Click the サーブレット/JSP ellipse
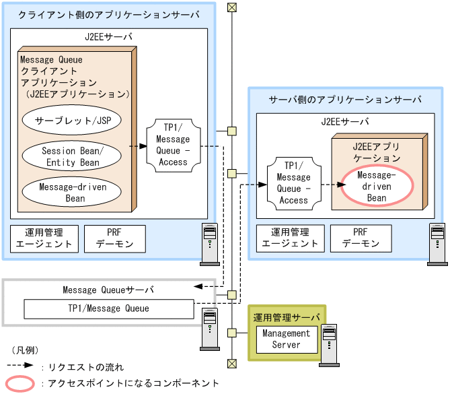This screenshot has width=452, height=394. coord(71,121)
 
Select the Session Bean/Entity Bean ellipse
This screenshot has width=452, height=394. coord(71,156)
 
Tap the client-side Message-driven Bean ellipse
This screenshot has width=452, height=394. coord(71,193)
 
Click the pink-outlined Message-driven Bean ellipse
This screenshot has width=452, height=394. coord(376,187)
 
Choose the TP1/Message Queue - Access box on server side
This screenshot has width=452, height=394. coord(293,182)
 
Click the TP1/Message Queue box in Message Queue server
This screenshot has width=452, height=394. coord(108,309)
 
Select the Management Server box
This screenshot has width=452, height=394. coord(286,339)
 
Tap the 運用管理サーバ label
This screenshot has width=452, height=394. coord(287,317)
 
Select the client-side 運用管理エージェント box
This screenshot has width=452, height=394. coord(43,238)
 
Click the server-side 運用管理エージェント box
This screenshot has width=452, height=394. coord(289,238)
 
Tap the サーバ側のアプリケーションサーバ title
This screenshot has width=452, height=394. coord(345,99)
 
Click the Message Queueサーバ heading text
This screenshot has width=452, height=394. coord(108,290)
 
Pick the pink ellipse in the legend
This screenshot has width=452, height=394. coord(21,383)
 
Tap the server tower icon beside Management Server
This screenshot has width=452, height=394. coord(328,344)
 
